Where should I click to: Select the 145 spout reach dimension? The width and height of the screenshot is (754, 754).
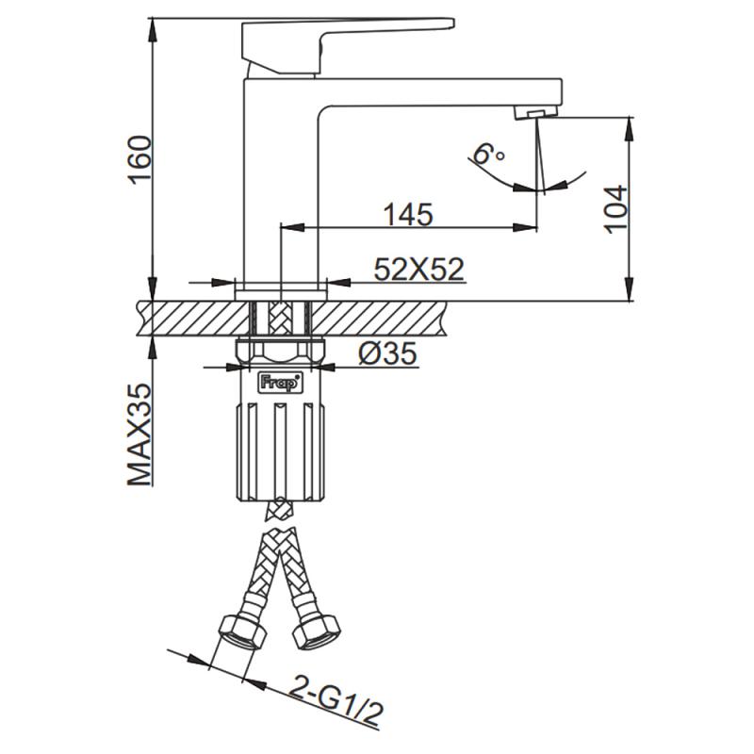point(407,214)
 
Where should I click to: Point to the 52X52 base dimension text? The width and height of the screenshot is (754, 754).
point(419,270)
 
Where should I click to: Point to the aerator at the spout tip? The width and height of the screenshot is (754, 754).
point(533,113)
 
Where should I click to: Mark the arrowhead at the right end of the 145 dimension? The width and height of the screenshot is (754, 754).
point(530,226)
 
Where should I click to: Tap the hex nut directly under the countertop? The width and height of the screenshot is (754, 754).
point(280,353)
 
